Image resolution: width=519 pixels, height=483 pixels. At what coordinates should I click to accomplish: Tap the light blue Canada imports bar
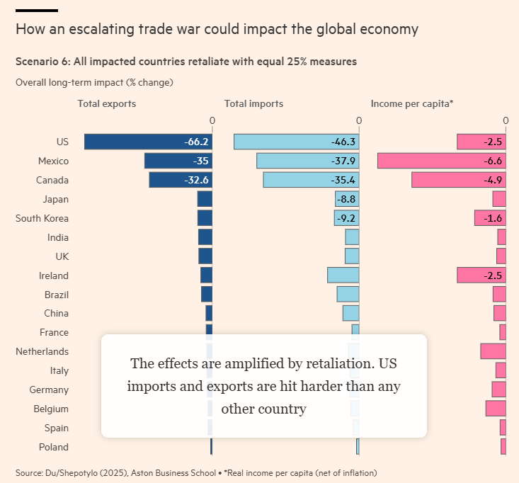point(297,180)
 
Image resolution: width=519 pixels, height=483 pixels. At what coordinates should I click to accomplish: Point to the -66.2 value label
point(196,142)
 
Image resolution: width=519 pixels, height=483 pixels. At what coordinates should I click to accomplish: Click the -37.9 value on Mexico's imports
point(343,161)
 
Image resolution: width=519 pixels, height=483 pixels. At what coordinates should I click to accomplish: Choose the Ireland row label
point(54,275)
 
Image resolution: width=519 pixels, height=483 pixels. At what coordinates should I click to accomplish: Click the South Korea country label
point(42,218)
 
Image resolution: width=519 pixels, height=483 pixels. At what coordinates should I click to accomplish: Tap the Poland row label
point(54,447)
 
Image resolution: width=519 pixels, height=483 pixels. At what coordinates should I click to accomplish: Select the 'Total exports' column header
point(107,103)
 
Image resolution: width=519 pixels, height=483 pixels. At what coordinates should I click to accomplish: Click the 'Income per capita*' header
point(412,103)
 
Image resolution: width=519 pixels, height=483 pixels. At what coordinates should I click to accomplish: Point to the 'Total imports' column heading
point(253,103)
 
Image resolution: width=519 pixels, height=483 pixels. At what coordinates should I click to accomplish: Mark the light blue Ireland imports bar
point(343,275)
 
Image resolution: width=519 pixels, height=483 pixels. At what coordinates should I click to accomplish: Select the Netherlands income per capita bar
point(494,351)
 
